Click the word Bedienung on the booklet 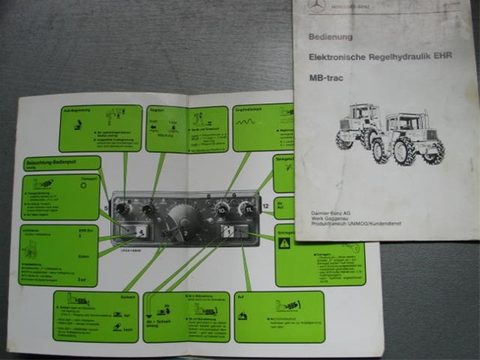[x=330, y=37]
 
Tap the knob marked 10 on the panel [x=222, y=211]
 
